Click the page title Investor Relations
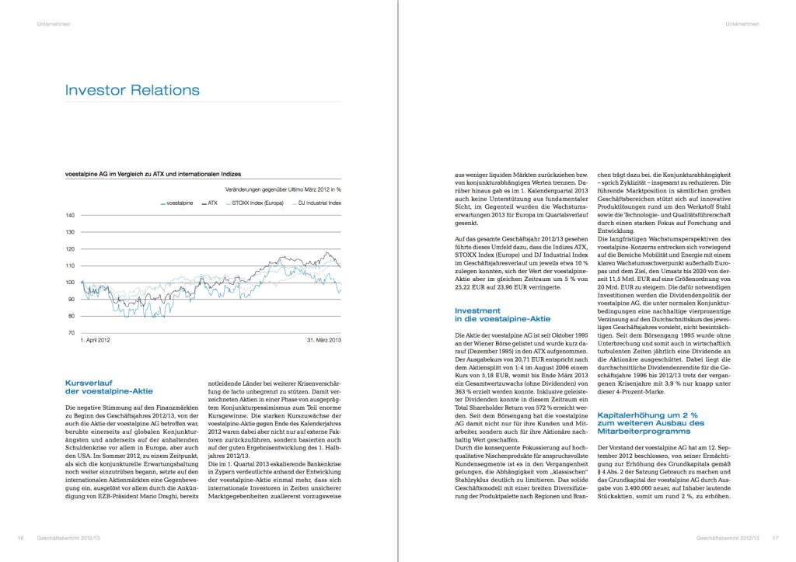tap(133, 90)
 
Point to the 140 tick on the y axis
tap(70, 215)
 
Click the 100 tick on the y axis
tap(70, 282)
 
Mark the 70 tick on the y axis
tap(71, 333)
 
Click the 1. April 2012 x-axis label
tap(96, 340)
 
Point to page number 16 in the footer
tap(21, 537)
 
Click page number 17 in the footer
tap(775, 537)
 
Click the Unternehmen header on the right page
tap(742, 24)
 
